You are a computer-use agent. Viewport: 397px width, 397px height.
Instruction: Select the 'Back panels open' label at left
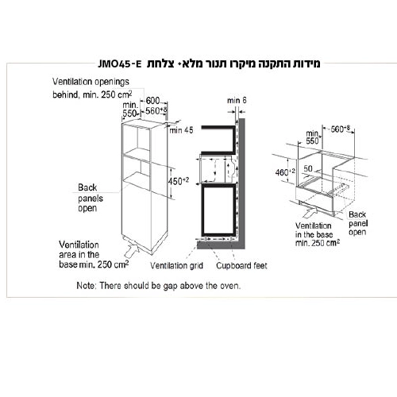point(87,198)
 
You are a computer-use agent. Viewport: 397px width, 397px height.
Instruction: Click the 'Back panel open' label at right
point(358,224)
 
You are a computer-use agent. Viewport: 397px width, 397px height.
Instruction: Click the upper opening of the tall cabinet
point(137,141)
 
